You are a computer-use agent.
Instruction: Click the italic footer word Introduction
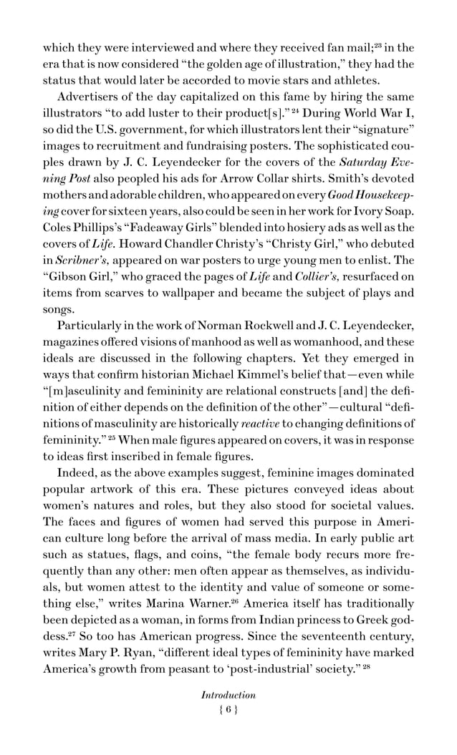click(228, 694)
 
